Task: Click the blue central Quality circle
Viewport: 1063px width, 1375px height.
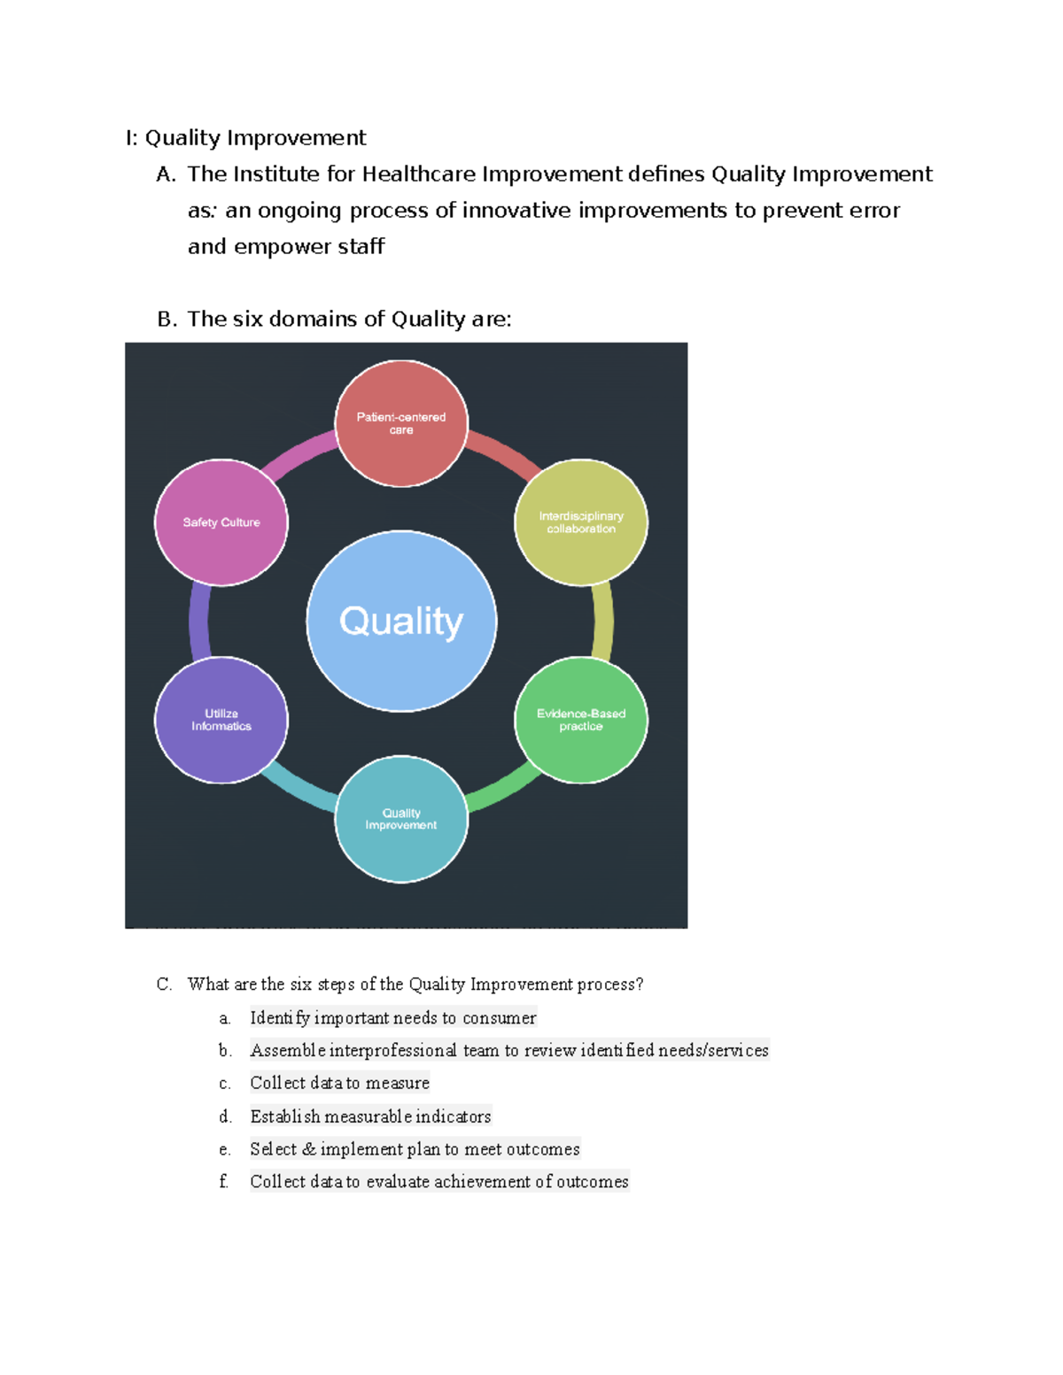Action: (401, 621)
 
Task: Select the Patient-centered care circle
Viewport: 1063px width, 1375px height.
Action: (401, 423)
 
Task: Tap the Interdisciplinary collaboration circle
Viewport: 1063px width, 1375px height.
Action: (581, 522)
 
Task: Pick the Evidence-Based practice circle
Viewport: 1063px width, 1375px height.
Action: (581, 720)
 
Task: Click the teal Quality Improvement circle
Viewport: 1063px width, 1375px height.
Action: (401, 819)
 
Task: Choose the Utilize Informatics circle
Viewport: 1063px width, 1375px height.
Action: (221, 720)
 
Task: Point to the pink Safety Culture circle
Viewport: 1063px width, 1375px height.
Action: (221, 522)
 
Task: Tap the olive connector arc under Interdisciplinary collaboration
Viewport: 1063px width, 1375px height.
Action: (602, 622)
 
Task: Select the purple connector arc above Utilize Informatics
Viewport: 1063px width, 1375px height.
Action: (199, 622)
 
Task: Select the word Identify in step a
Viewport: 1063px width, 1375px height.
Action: (279, 1018)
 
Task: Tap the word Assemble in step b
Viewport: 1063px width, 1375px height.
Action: (287, 1051)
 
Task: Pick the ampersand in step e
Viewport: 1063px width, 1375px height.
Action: (308, 1149)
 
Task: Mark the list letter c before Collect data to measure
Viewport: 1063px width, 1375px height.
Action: (224, 1084)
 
